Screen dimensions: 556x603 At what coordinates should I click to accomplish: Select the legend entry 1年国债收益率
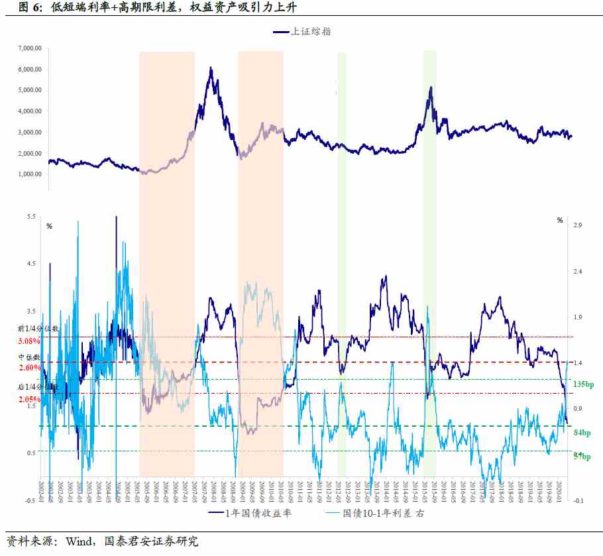click(258, 513)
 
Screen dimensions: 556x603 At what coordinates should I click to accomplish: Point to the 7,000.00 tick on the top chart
click(29, 48)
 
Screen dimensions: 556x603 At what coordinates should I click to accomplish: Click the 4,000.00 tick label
click(29, 111)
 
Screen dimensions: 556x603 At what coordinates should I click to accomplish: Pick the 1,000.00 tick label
click(29, 174)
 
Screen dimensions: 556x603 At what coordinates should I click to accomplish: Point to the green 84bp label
click(582, 433)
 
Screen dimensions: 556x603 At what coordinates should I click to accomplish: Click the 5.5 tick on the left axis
click(32, 217)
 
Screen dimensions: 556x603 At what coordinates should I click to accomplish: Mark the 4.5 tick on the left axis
click(32, 264)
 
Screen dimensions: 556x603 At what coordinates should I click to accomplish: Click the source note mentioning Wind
click(102, 541)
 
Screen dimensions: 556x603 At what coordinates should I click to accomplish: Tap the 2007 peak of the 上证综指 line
click(211, 68)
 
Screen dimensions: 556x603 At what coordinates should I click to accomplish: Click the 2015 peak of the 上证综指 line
click(431, 87)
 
